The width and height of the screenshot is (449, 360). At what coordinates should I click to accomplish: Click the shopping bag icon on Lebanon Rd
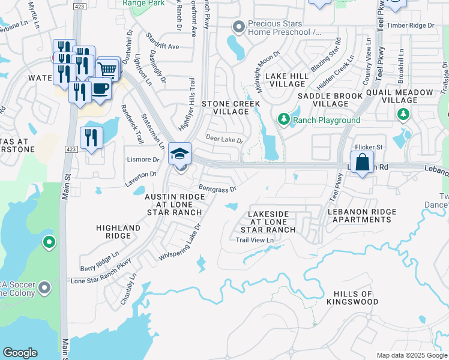[363, 162]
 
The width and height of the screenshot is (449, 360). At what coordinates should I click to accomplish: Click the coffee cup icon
[100, 89]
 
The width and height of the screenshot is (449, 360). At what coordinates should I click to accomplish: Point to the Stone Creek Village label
[231, 108]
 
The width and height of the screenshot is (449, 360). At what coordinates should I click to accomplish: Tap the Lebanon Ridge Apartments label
[362, 216]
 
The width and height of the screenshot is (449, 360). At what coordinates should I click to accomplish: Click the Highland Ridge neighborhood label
[118, 232]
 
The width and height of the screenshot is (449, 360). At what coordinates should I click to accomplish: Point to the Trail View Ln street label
[255, 240]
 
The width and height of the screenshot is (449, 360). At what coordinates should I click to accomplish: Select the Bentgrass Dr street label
[217, 188]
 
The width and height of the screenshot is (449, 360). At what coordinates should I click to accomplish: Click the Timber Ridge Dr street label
[409, 25]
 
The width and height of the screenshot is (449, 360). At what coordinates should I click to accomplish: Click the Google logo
[20, 353]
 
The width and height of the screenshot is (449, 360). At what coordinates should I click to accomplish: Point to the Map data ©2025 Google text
[411, 355]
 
